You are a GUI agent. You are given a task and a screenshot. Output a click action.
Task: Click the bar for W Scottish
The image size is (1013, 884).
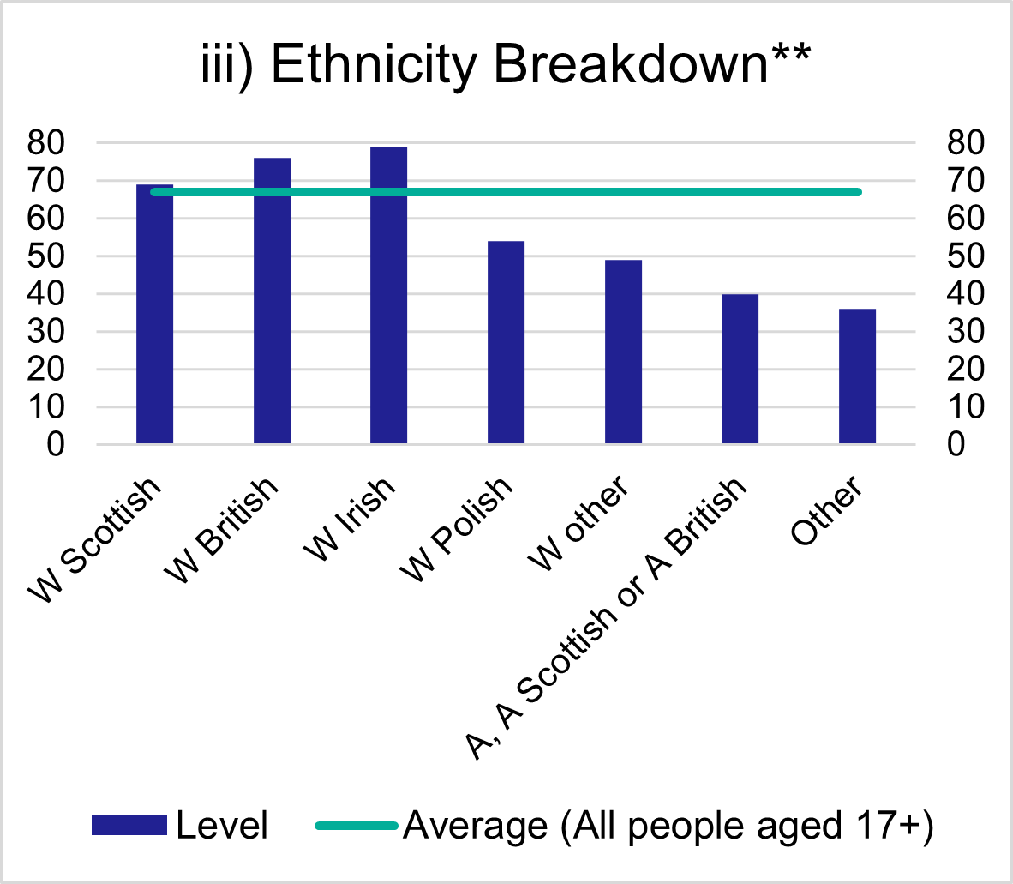coord(154,317)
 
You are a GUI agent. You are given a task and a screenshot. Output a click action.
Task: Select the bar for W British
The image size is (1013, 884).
coord(272,300)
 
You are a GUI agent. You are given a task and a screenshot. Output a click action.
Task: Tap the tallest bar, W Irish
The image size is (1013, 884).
coord(388,296)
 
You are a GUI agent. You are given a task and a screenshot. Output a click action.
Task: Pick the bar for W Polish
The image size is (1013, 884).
coord(506,343)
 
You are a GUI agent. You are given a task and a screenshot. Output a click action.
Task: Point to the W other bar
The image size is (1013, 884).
coord(623,352)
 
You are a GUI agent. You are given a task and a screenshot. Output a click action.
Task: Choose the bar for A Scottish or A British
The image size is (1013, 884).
coord(740,369)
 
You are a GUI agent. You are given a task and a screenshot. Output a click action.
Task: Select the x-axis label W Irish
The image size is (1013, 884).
coord(351,520)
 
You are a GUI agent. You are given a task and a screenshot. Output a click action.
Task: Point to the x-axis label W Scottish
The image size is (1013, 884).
coord(94,540)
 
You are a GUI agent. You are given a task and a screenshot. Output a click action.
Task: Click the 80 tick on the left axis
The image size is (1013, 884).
coord(46,143)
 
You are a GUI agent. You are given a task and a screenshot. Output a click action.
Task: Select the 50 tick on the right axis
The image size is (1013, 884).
coord(965,256)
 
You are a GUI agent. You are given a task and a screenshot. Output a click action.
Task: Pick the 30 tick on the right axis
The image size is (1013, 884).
coord(965,332)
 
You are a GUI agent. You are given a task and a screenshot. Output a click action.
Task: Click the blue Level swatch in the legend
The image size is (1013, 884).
coord(129,826)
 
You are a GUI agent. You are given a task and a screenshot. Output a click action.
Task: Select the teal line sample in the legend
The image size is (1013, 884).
coord(357,826)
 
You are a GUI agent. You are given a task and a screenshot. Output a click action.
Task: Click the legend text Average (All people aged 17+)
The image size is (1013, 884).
coord(668,826)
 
